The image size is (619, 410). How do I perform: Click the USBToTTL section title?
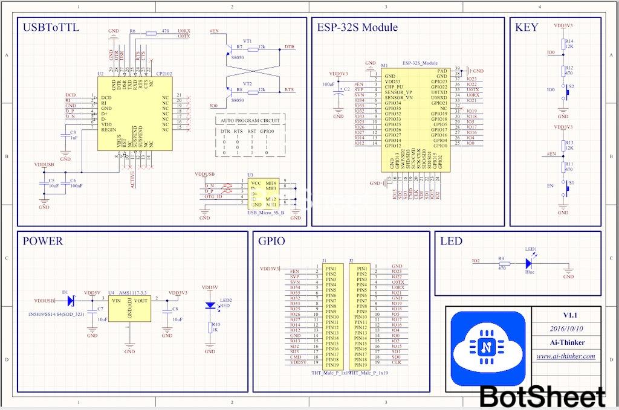[51, 28]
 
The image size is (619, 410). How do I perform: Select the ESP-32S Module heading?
[357, 28]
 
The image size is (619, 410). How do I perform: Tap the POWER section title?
[42, 242]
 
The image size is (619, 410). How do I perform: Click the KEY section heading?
[526, 28]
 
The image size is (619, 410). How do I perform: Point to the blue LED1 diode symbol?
[529, 263]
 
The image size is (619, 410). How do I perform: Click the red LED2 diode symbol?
[210, 306]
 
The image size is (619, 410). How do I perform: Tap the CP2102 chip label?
[163, 74]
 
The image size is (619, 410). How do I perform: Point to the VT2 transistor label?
[247, 83]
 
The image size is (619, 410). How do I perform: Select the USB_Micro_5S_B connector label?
[266, 213]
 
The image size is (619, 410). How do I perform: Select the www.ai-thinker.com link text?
[566, 356]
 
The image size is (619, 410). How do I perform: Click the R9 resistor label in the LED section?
[501, 258]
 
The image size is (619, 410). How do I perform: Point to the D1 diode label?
[65, 292]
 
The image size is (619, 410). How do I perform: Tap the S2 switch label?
[572, 87]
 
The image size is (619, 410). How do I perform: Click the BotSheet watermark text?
[543, 397]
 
